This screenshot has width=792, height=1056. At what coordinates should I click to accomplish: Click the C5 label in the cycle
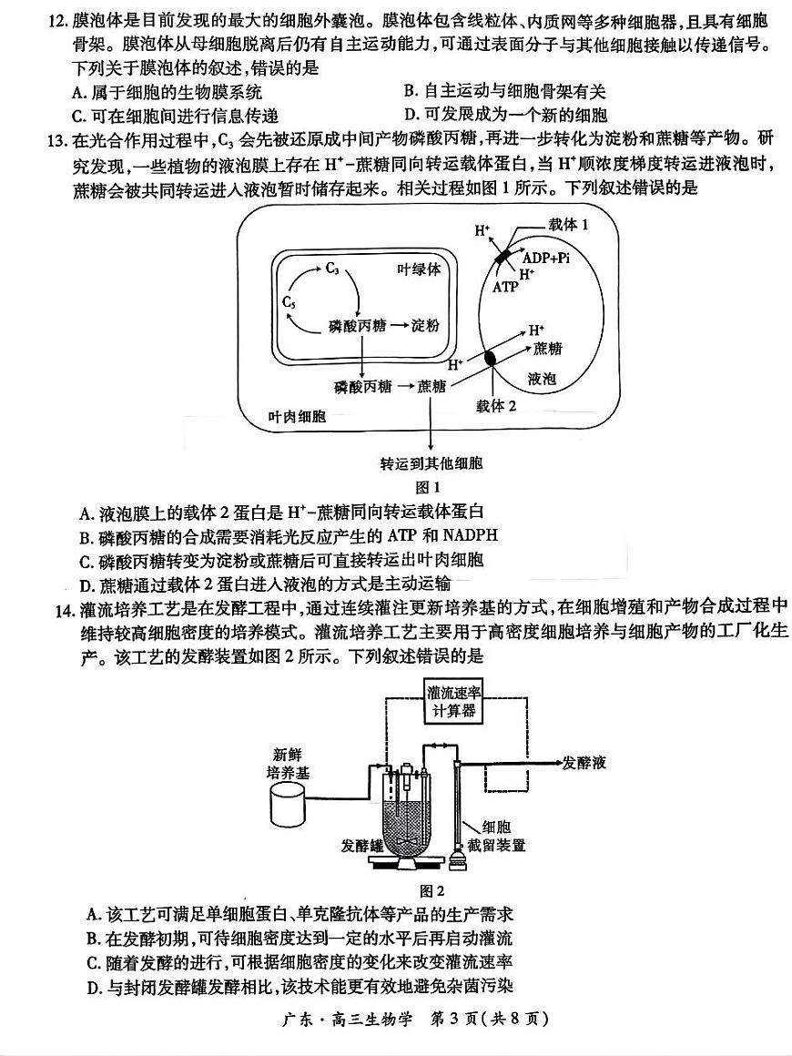click(x=289, y=302)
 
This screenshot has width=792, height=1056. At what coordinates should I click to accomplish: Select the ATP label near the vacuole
click(x=505, y=287)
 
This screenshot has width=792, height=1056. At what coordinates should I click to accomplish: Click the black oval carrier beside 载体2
click(x=492, y=358)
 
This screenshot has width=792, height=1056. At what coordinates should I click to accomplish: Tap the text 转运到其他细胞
click(x=431, y=463)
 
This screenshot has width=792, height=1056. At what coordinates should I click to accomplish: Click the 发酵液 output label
click(x=584, y=763)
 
